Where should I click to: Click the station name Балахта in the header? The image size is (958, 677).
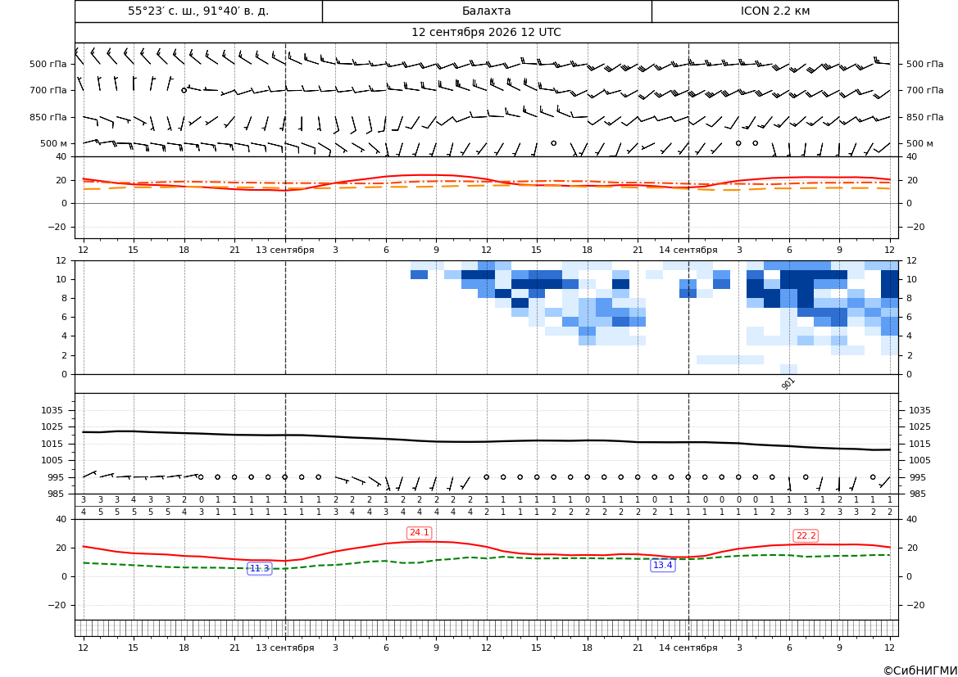[x=486, y=11]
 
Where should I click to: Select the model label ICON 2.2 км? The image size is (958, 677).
[x=774, y=11]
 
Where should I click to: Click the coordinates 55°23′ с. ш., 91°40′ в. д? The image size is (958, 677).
[x=198, y=11]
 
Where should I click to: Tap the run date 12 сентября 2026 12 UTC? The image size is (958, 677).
[x=486, y=33]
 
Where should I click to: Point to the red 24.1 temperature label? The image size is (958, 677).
[x=419, y=533]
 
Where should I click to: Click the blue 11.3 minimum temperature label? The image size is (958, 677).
[x=259, y=568]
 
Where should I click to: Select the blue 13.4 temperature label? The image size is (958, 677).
[x=663, y=566]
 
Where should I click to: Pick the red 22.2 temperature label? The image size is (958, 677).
[x=806, y=536]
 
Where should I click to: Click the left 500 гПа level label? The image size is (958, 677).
[x=48, y=64]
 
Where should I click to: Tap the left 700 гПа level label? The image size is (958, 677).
[x=48, y=90]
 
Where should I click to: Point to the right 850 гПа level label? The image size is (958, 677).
[x=924, y=117]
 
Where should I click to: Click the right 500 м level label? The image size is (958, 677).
[x=919, y=143]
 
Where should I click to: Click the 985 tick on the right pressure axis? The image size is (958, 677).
[x=916, y=494]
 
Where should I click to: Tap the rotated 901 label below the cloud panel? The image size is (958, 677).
[x=788, y=383]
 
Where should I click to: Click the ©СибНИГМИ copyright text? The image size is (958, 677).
[x=920, y=670]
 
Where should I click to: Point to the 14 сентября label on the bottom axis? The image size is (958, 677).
[x=688, y=648]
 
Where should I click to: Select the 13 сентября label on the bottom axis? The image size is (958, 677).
[x=284, y=648]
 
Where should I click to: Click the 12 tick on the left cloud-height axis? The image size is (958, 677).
[x=61, y=260]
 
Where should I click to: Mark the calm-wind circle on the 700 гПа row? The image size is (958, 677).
[x=184, y=90]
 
